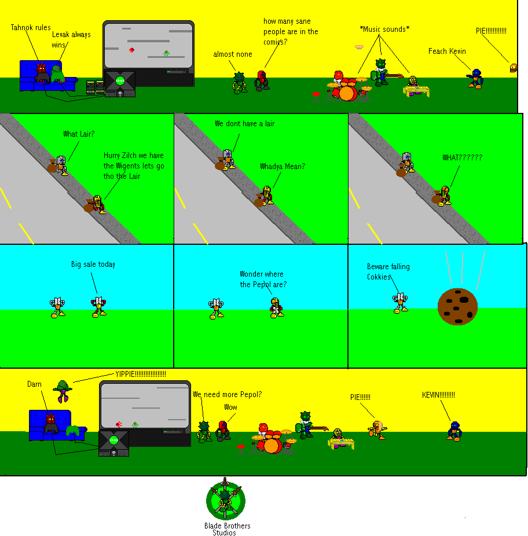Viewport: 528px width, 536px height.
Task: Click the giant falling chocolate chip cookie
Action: (457, 306)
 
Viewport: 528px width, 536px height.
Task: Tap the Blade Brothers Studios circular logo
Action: (225, 500)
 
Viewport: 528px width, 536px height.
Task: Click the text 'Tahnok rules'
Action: (31, 27)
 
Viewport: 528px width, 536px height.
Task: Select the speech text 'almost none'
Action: (233, 54)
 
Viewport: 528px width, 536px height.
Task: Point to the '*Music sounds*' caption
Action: (384, 29)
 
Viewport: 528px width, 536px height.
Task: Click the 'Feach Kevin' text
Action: (447, 51)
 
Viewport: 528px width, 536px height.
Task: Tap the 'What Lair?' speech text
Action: (79, 134)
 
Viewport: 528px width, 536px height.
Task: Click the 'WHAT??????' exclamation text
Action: (462, 157)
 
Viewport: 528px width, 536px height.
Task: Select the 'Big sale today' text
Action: (93, 264)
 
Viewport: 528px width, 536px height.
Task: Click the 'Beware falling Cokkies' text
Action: (387, 271)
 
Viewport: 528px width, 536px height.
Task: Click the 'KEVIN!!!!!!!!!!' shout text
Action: (438, 395)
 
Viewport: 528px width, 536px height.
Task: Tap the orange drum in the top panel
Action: (347, 93)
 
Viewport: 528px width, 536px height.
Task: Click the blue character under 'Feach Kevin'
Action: (475, 78)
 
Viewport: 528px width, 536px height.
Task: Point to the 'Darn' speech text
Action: (34, 384)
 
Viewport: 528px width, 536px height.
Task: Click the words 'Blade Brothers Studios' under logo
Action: (227, 529)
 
